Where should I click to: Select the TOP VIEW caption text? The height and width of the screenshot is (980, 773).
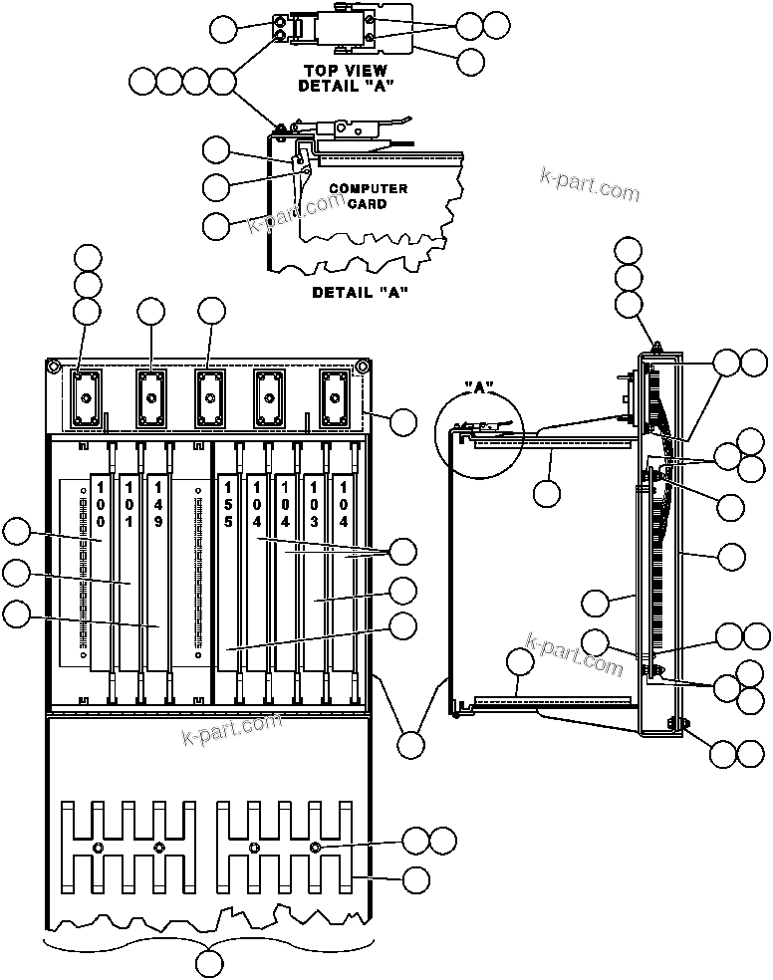point(346,71)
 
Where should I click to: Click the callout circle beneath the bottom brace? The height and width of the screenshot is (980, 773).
point(210,963)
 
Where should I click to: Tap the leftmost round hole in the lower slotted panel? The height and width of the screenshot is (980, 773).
point(98,848)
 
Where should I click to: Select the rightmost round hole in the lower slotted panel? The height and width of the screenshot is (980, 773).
point(316,848)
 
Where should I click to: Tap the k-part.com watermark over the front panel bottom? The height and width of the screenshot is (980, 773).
point(231,729)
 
